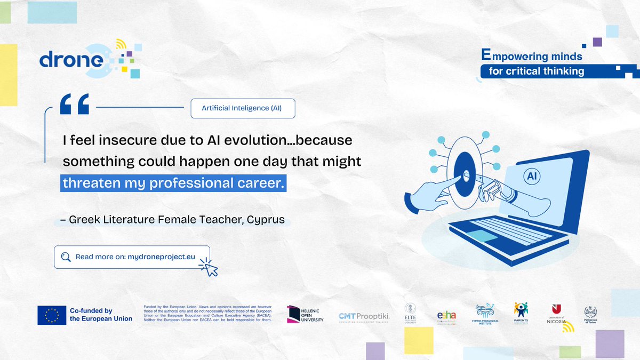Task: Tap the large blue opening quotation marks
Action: [74, 104]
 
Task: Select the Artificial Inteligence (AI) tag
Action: [242, 108]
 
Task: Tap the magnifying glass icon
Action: [66, 257]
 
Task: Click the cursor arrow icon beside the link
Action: [210, 268]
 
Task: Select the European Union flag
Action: [52, 315]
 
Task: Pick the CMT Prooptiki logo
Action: [364, 316]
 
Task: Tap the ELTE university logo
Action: [410, 314]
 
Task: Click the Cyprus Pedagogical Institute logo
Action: [485, 314]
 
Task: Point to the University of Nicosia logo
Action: [556, 315]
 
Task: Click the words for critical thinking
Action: [536, 71]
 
